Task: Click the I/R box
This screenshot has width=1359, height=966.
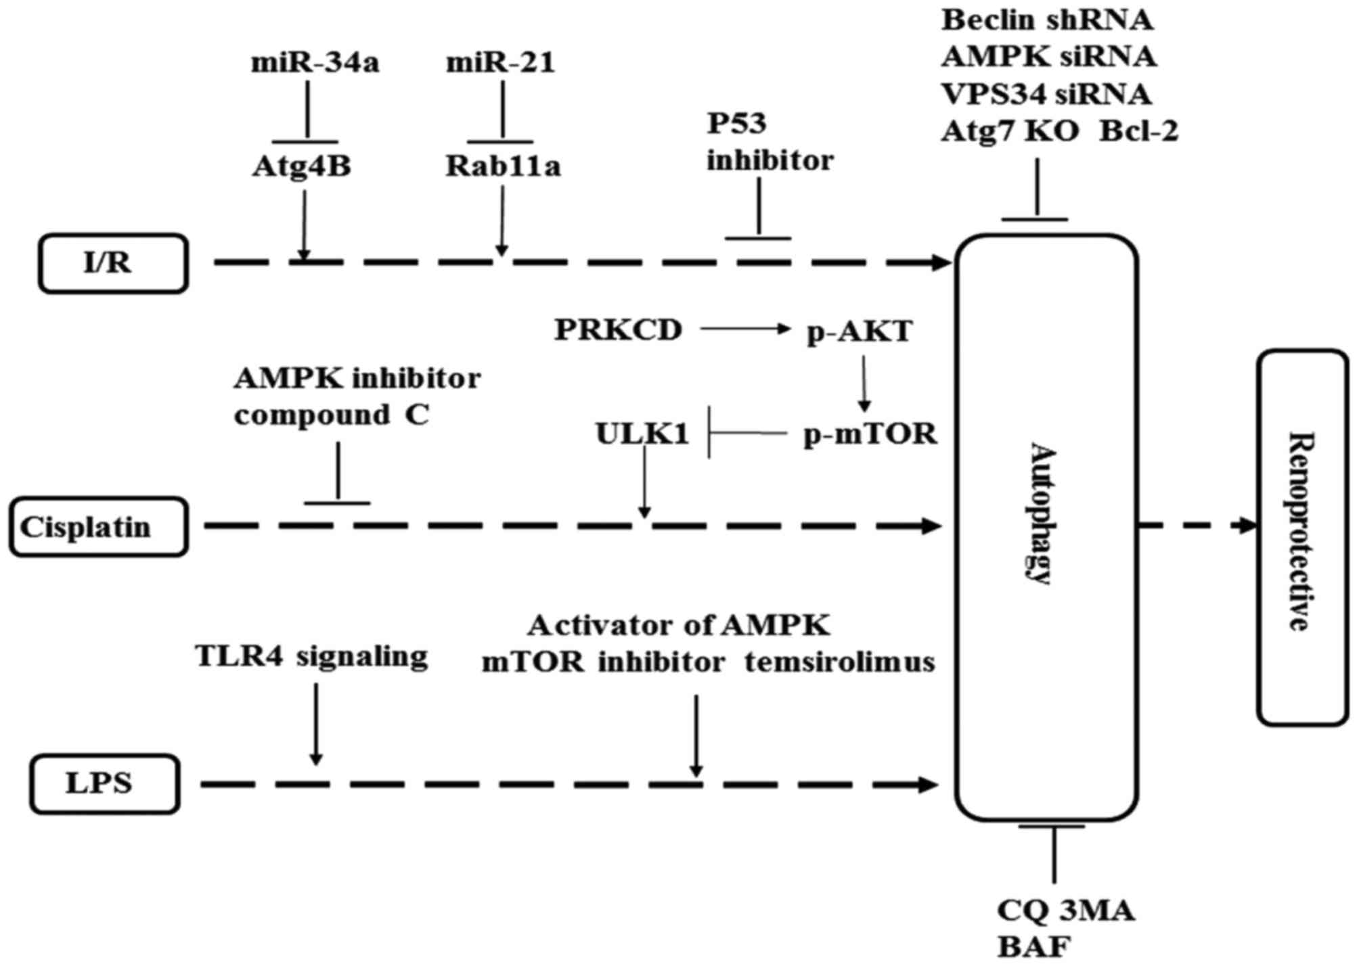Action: (112, 263)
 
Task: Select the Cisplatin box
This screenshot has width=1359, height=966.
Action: (98, 527)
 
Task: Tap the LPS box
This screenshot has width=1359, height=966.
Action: (104, 784)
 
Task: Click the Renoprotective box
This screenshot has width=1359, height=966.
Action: (1302, 537)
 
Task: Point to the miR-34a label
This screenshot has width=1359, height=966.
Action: (315, 63)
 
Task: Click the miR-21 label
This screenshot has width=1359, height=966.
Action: (500, 63)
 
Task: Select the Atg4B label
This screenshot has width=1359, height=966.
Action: (302, 166)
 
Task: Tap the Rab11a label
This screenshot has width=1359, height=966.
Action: (503, 166)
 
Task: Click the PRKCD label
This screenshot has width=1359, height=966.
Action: (619, 330)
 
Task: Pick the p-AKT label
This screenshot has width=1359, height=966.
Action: (860, 331)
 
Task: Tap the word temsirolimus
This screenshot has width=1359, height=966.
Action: (839, 662)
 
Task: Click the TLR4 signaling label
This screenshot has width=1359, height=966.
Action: (311, 656)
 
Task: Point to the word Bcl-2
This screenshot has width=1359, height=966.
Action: (1138, 131)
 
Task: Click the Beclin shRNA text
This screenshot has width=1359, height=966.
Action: (1047, 20)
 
